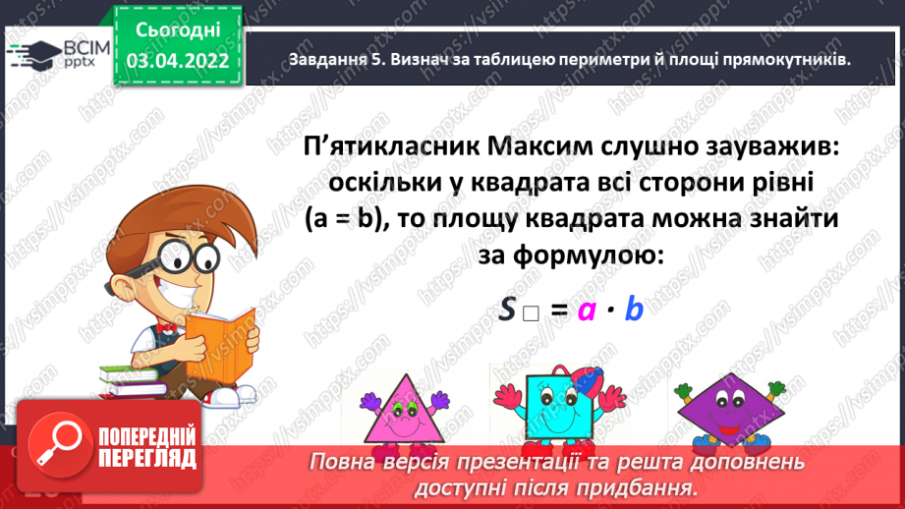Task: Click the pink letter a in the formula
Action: click(x=588, y=311)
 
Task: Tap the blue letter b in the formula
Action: click(x=634, y=310)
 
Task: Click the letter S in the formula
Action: click(x=507, y=311)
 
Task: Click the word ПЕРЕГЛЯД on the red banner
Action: click(x=148, y=458)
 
